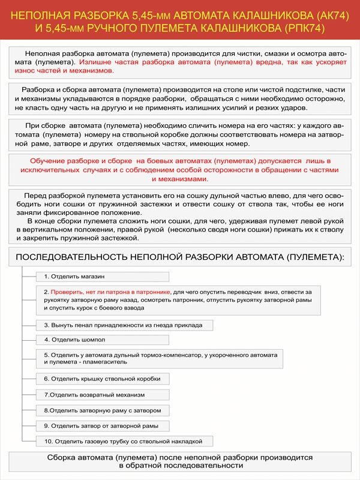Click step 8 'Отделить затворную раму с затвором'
coord(103,410)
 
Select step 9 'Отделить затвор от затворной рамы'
coord(101,425)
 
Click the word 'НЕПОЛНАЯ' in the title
coord(40,14)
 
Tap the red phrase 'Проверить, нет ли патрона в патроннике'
coord(111,292)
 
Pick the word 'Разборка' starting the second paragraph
coord(37,89)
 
